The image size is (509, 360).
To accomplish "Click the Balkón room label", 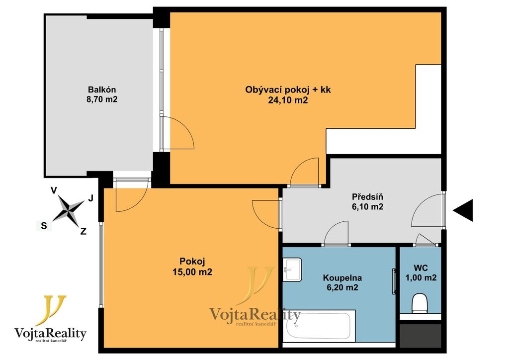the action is click(102, 90).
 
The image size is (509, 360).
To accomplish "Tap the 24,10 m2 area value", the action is click(288, 100).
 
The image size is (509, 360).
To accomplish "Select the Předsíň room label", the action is click(367, 197).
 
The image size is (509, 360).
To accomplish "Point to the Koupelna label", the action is click(342, 278).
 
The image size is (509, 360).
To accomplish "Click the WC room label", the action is click(421, 268).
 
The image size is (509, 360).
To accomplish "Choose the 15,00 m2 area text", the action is click(192, 271).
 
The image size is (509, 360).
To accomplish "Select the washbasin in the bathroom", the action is click(292, 270).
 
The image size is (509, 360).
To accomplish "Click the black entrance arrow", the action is click(463, 210).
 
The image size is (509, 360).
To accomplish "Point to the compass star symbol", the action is click(68, 211).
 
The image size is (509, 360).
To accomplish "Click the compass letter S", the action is click(44, 226).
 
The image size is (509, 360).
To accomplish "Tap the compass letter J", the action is click(91, 198).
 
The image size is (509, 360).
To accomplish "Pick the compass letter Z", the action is click(84, 231).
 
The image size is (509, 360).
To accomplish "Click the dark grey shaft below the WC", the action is click(421, 336).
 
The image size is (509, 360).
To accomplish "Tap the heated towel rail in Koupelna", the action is click(394, 281).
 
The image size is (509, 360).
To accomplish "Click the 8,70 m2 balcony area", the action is click(102, 99).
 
